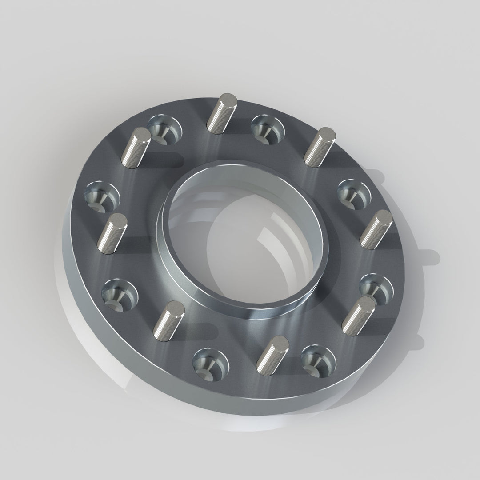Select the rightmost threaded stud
click(376, 229)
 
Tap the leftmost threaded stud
click(112, 233)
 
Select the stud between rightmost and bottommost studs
click(359, 315)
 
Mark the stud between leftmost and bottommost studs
click(169, 320)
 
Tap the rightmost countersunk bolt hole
click(376, 288)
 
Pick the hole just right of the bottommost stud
click(318, 360)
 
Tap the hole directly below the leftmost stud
click(118, 294)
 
